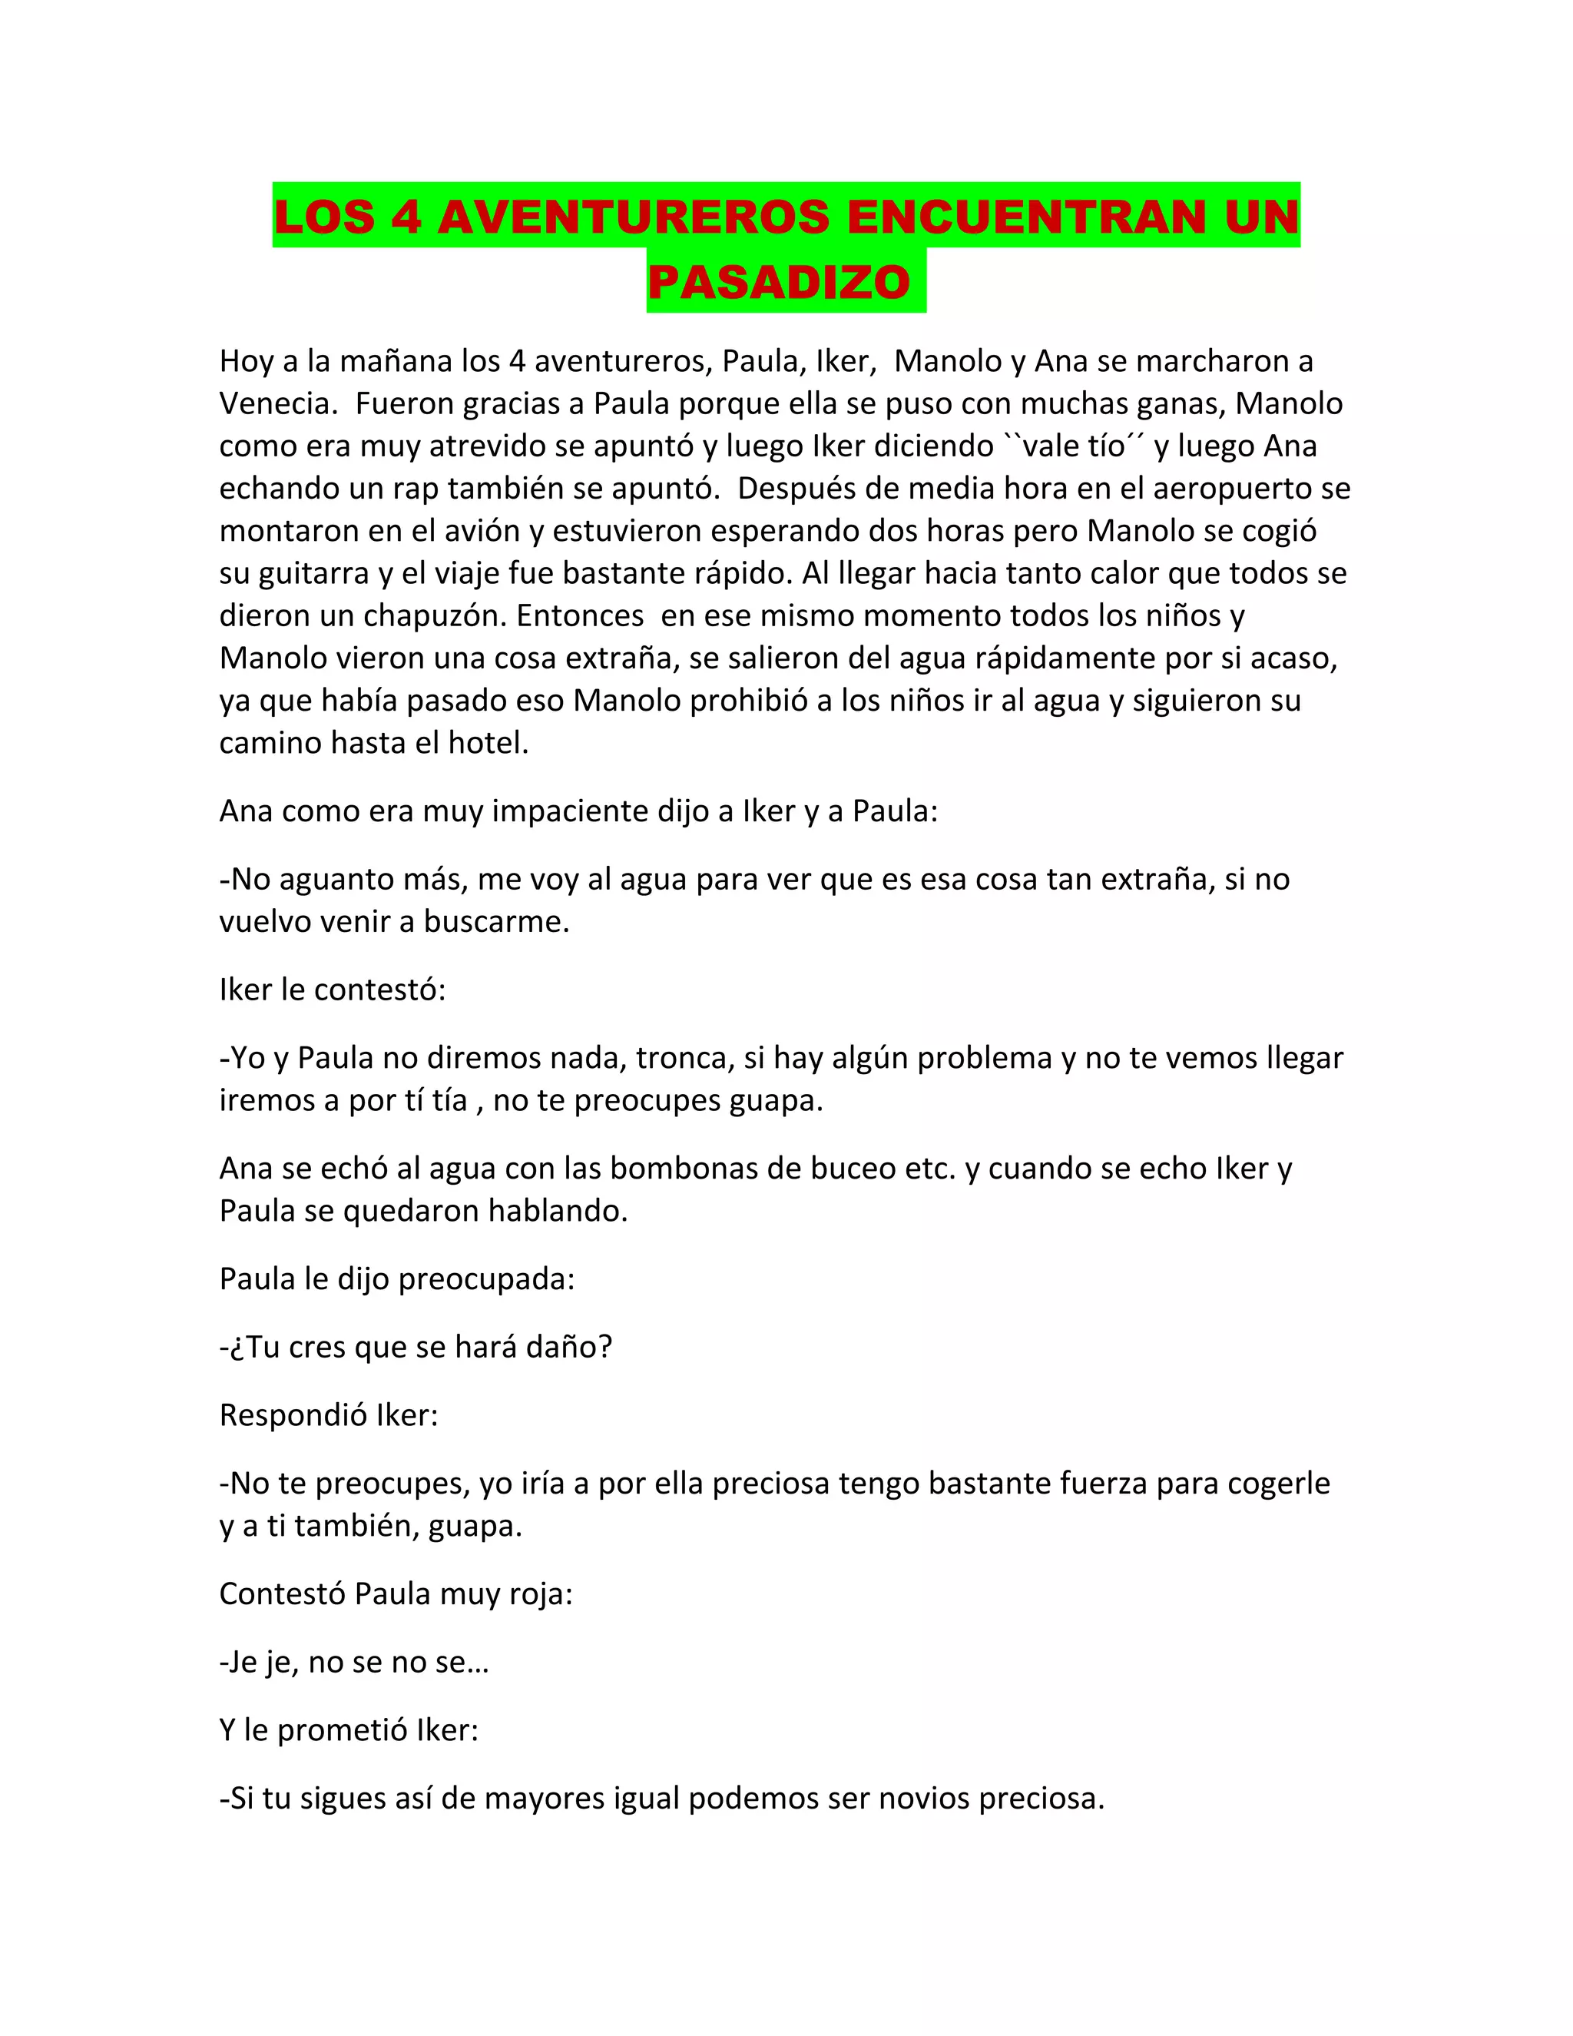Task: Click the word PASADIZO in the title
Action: coord(779,283)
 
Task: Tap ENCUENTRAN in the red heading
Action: coord(1025,217)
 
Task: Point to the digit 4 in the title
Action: coord(406,217)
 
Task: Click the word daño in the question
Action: coord(569,1346)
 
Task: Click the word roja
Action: coord(541,1593)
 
